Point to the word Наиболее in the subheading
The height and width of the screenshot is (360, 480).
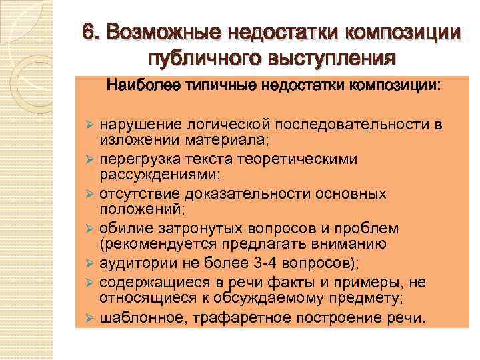[x=137, y=85]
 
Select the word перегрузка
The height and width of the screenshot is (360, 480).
[x=135, y=160]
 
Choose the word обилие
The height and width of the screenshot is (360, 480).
[x=120, y=229]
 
